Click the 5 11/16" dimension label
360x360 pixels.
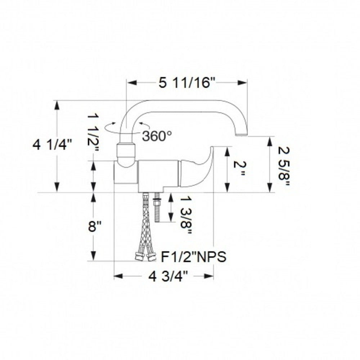[x=187, y=83]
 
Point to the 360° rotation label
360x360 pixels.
[x=157, y=136]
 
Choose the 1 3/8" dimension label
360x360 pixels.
[x=185, y=215]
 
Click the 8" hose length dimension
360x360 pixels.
[x=94, y=227]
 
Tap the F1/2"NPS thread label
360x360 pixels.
[x=193, y=257]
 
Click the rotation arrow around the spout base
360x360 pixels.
[x=110, y=126]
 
